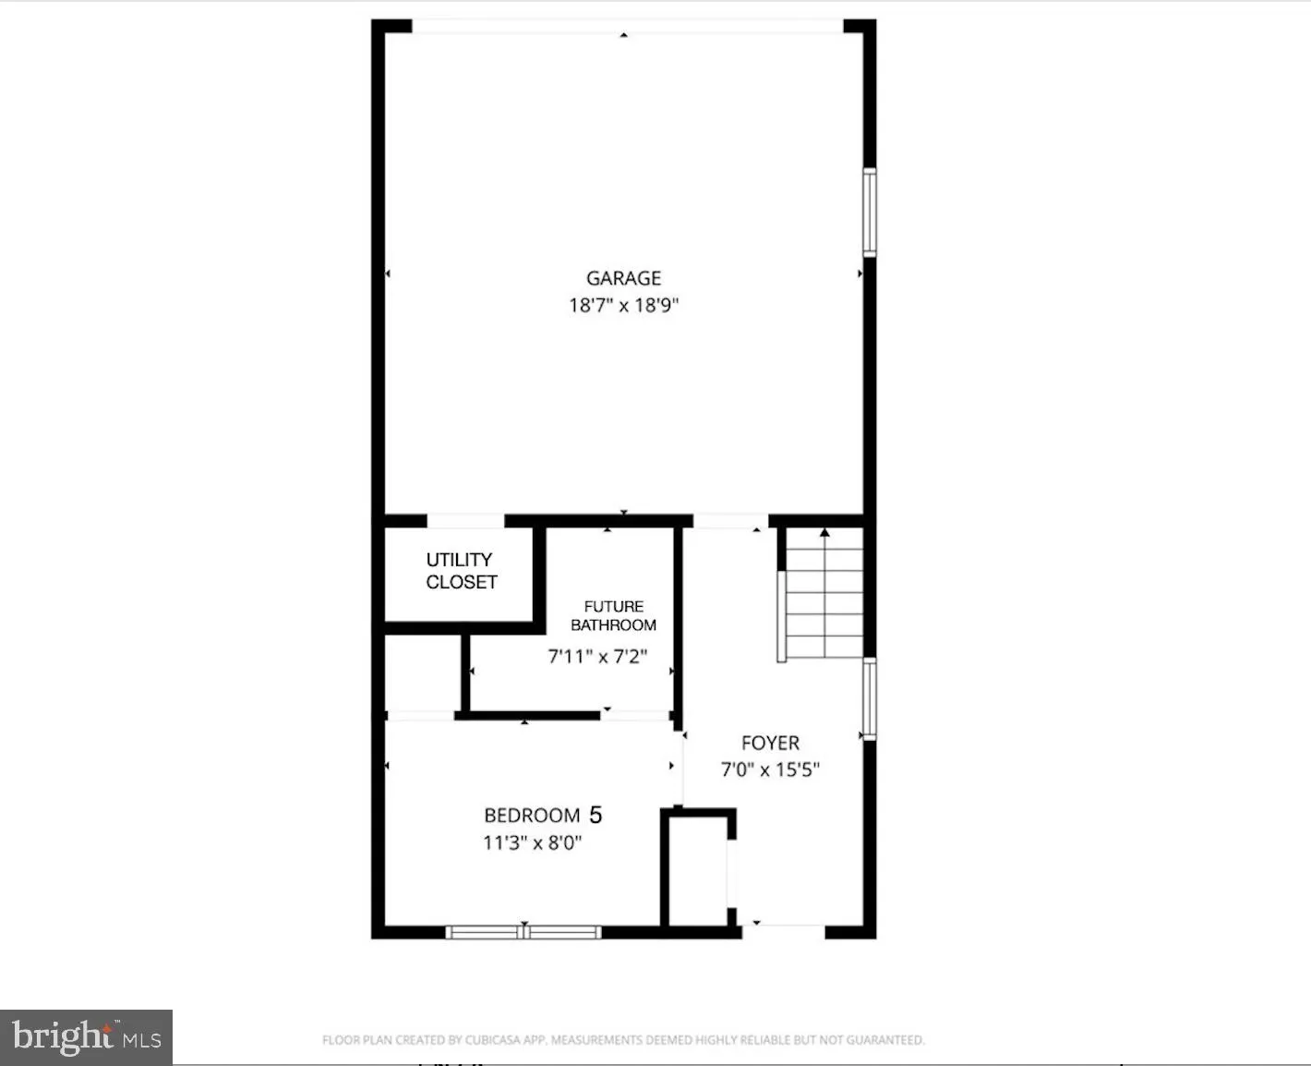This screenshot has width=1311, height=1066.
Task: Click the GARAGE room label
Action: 623,278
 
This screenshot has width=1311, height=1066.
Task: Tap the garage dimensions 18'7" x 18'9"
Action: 623,306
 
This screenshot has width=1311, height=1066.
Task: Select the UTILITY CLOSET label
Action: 461,571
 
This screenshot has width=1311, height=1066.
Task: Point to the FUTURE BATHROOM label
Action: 613,616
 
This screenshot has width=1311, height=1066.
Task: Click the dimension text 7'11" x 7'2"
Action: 597,657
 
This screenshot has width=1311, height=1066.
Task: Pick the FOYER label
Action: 770,743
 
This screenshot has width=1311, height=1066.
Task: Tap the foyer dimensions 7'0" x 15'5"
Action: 770,769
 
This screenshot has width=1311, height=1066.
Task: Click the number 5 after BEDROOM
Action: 595,815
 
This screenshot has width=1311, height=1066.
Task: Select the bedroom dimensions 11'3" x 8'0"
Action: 532,842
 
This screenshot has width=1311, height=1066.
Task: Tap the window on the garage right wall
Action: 869,212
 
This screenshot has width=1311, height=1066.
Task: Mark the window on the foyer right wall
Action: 869,699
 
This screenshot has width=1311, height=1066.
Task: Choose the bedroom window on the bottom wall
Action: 523,932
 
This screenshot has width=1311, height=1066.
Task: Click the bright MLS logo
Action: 86,1036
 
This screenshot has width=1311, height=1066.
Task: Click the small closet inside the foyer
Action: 697,868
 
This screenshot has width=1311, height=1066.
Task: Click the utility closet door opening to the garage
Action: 465,522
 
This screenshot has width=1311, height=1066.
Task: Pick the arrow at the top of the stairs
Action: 824,533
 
